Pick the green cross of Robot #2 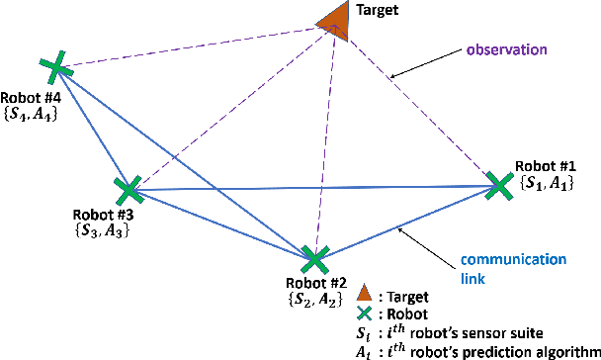pyautogui.click(x=314, y=259)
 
